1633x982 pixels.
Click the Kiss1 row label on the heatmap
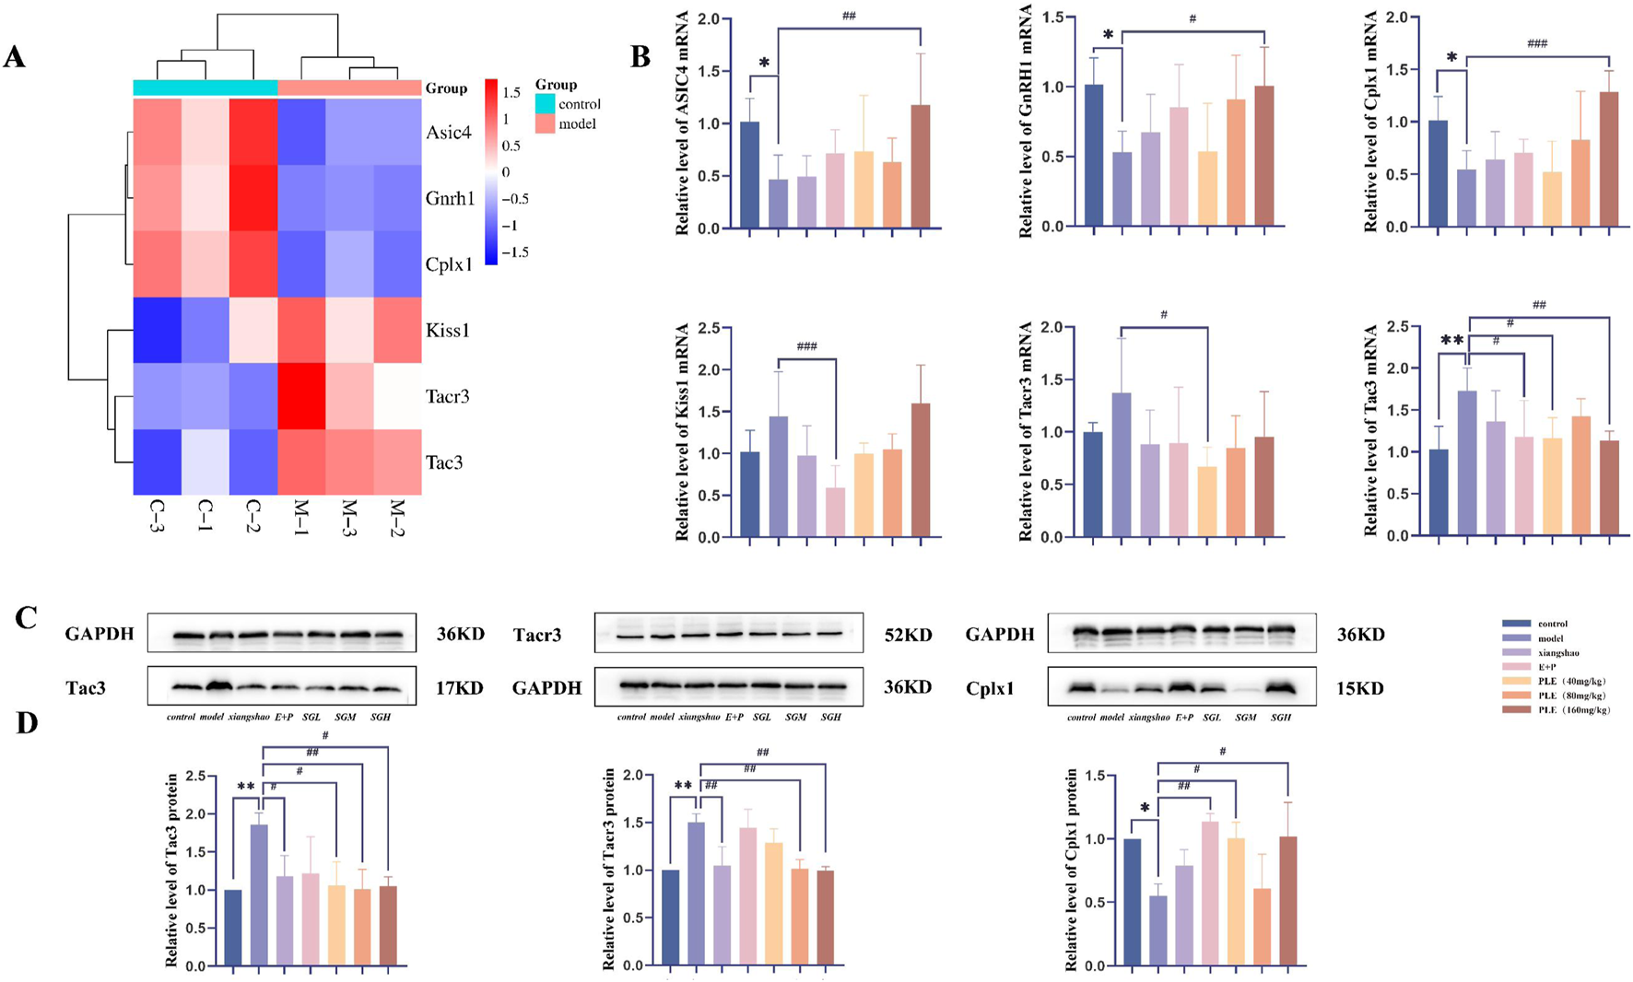point(447,330)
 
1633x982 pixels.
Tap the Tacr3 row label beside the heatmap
point(447,396)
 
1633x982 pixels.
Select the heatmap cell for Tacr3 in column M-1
point(301,396)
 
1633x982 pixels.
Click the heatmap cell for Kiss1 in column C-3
point(157,330)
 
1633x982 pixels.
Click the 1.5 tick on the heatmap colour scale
point(511,93)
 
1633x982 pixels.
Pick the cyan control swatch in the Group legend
point(545,104)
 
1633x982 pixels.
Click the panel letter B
point(640,57)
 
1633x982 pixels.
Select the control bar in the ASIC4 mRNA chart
point(750,175)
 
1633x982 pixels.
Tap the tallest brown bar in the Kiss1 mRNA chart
point(920,470)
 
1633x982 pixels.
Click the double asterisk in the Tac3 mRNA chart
point(1451,340)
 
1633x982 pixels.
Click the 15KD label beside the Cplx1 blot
point(1359,688)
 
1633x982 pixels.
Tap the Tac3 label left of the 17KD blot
point(85,688)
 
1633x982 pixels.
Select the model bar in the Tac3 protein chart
point(259,894)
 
